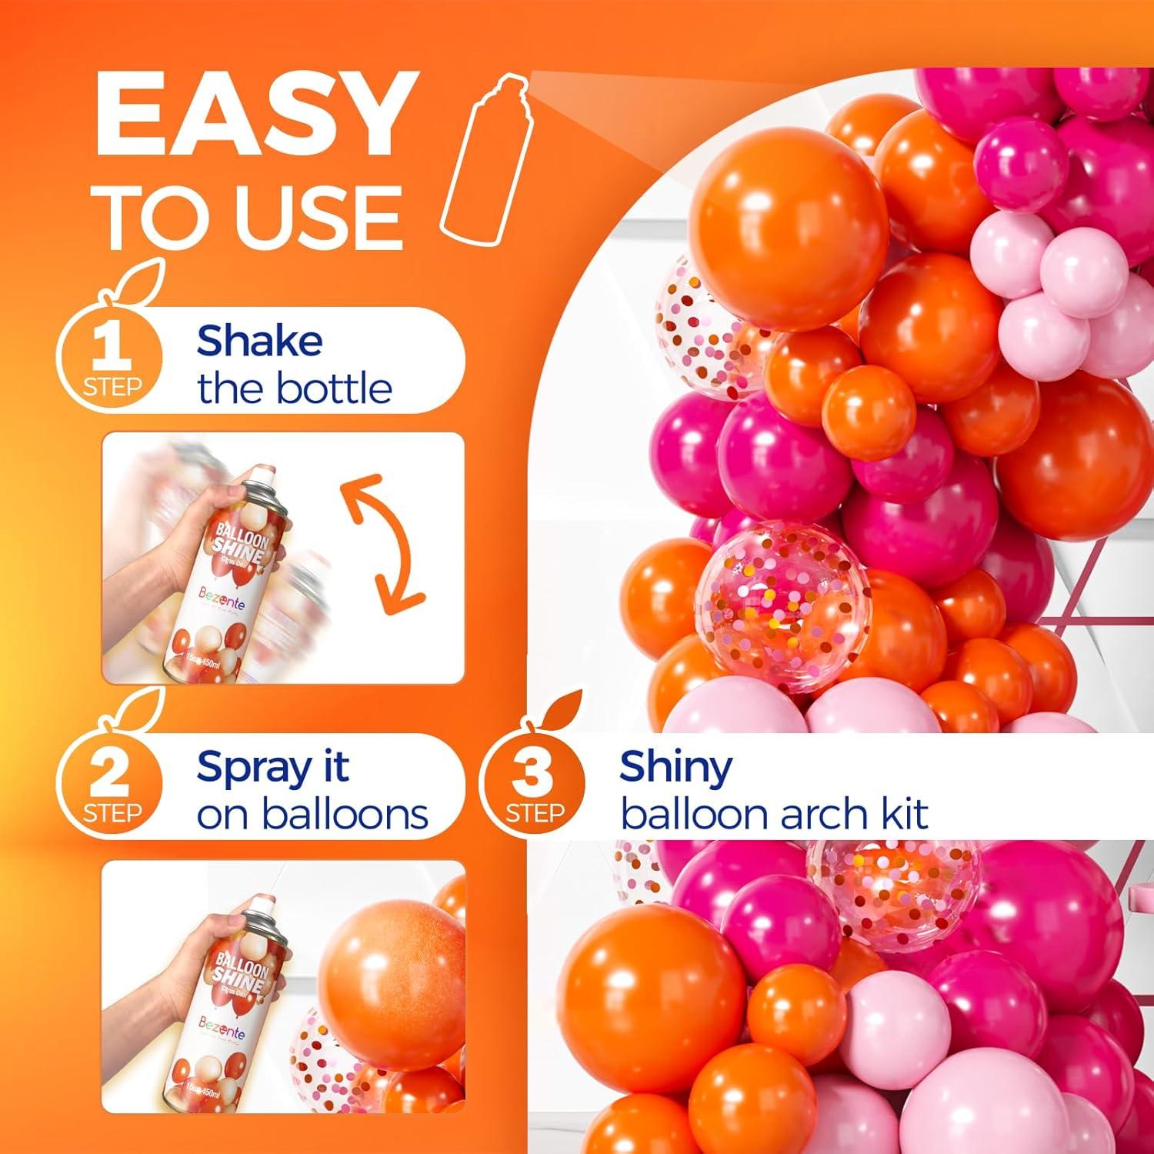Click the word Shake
coord(259,342)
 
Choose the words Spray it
coord(272,767)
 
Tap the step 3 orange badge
coord(533,785)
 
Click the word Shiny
coord(676,767)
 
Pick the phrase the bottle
coord(295,389)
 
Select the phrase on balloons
coord(312,815)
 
